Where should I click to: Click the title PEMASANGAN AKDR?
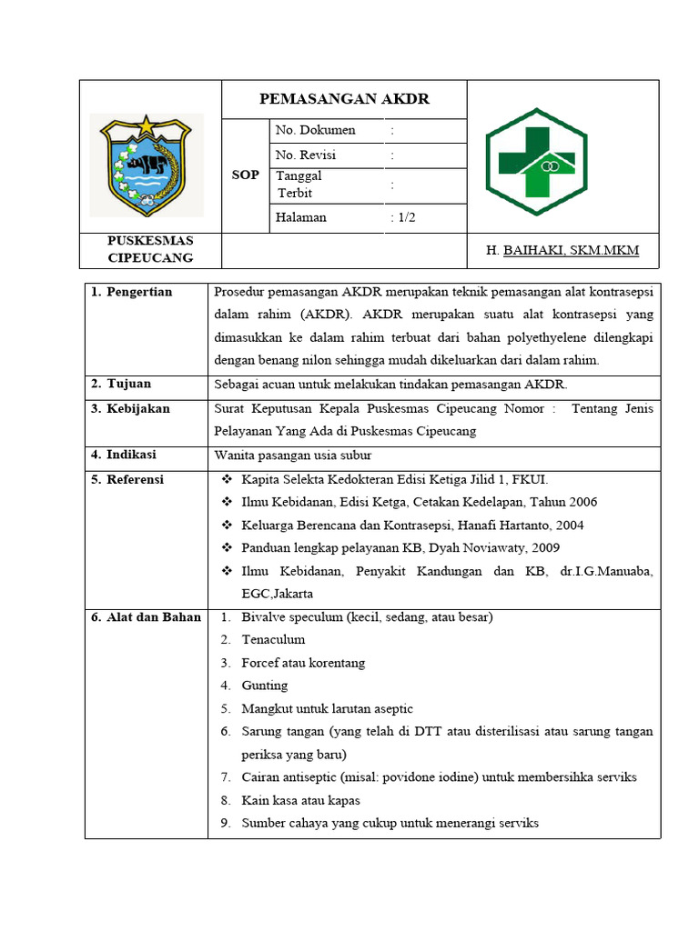[344, 99]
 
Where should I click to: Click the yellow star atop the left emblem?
[147, 124]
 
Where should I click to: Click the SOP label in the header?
[246, 175]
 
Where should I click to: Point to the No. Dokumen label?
[315, 131]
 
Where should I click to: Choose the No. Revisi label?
[306, 155]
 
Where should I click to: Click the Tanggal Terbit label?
[299, 185]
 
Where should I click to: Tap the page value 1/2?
[402, 218]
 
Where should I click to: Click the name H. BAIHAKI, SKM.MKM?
[562, 251]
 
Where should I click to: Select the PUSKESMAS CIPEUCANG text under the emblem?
[151, 249]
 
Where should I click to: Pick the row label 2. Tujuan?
[121, 385]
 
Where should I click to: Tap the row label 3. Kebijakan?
[130, 409]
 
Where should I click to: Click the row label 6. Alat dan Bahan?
[146, 617]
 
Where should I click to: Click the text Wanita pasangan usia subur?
[293, 455]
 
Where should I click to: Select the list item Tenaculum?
[273, 640]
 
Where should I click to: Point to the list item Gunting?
[265, 686]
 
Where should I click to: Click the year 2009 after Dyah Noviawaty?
[544, 548]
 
